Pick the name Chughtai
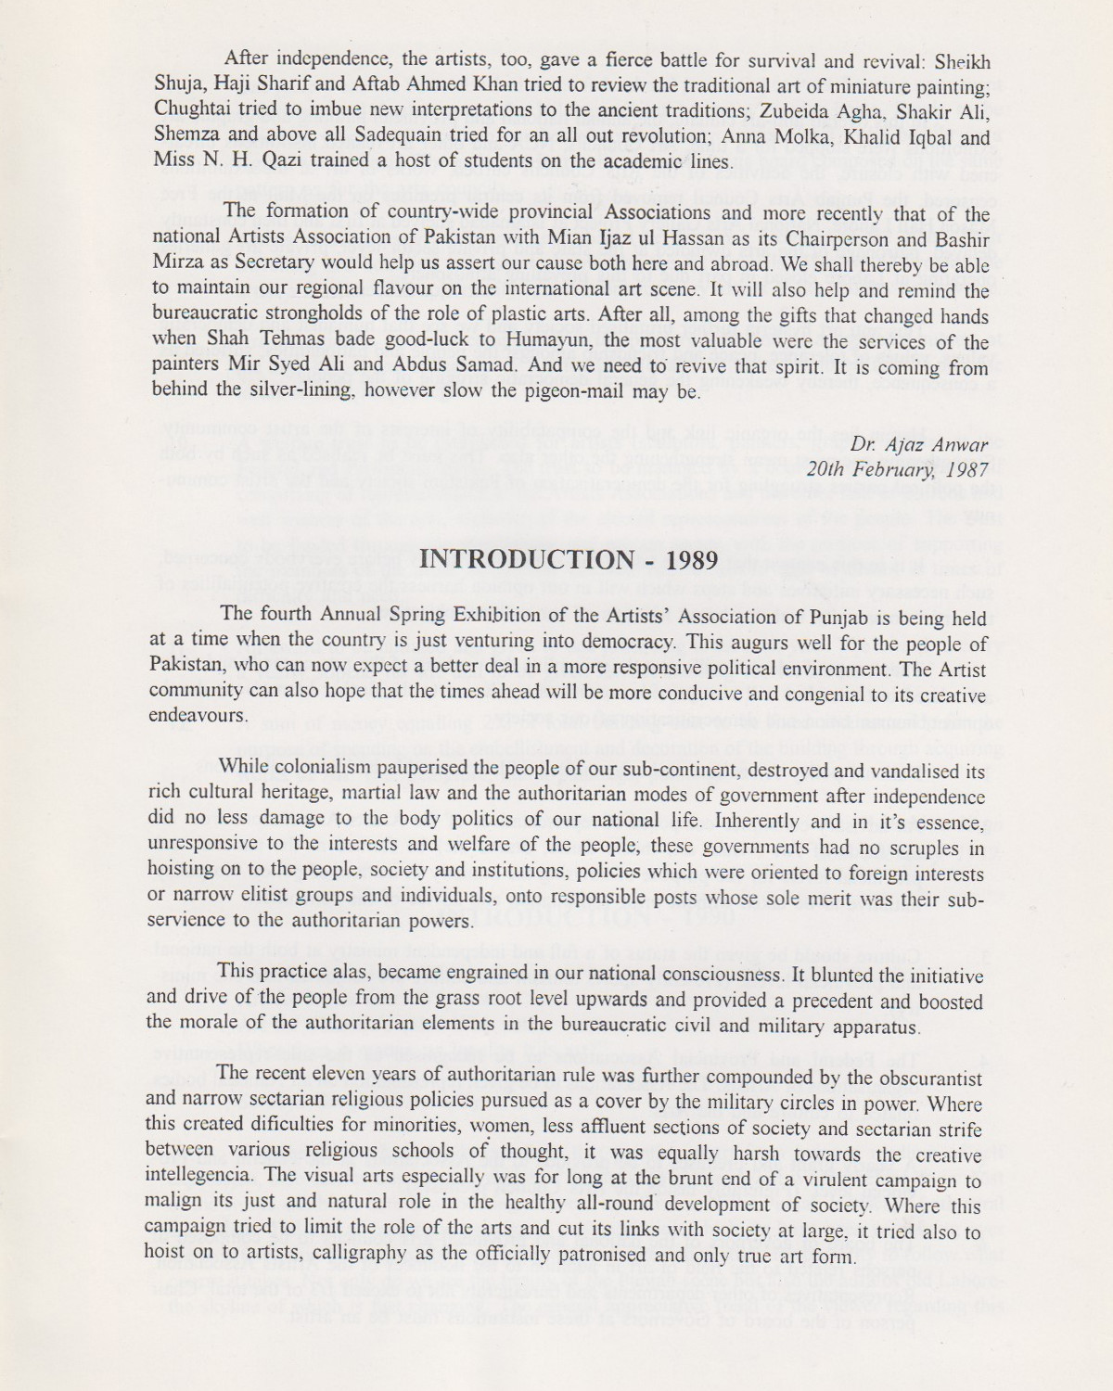point(191,112)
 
